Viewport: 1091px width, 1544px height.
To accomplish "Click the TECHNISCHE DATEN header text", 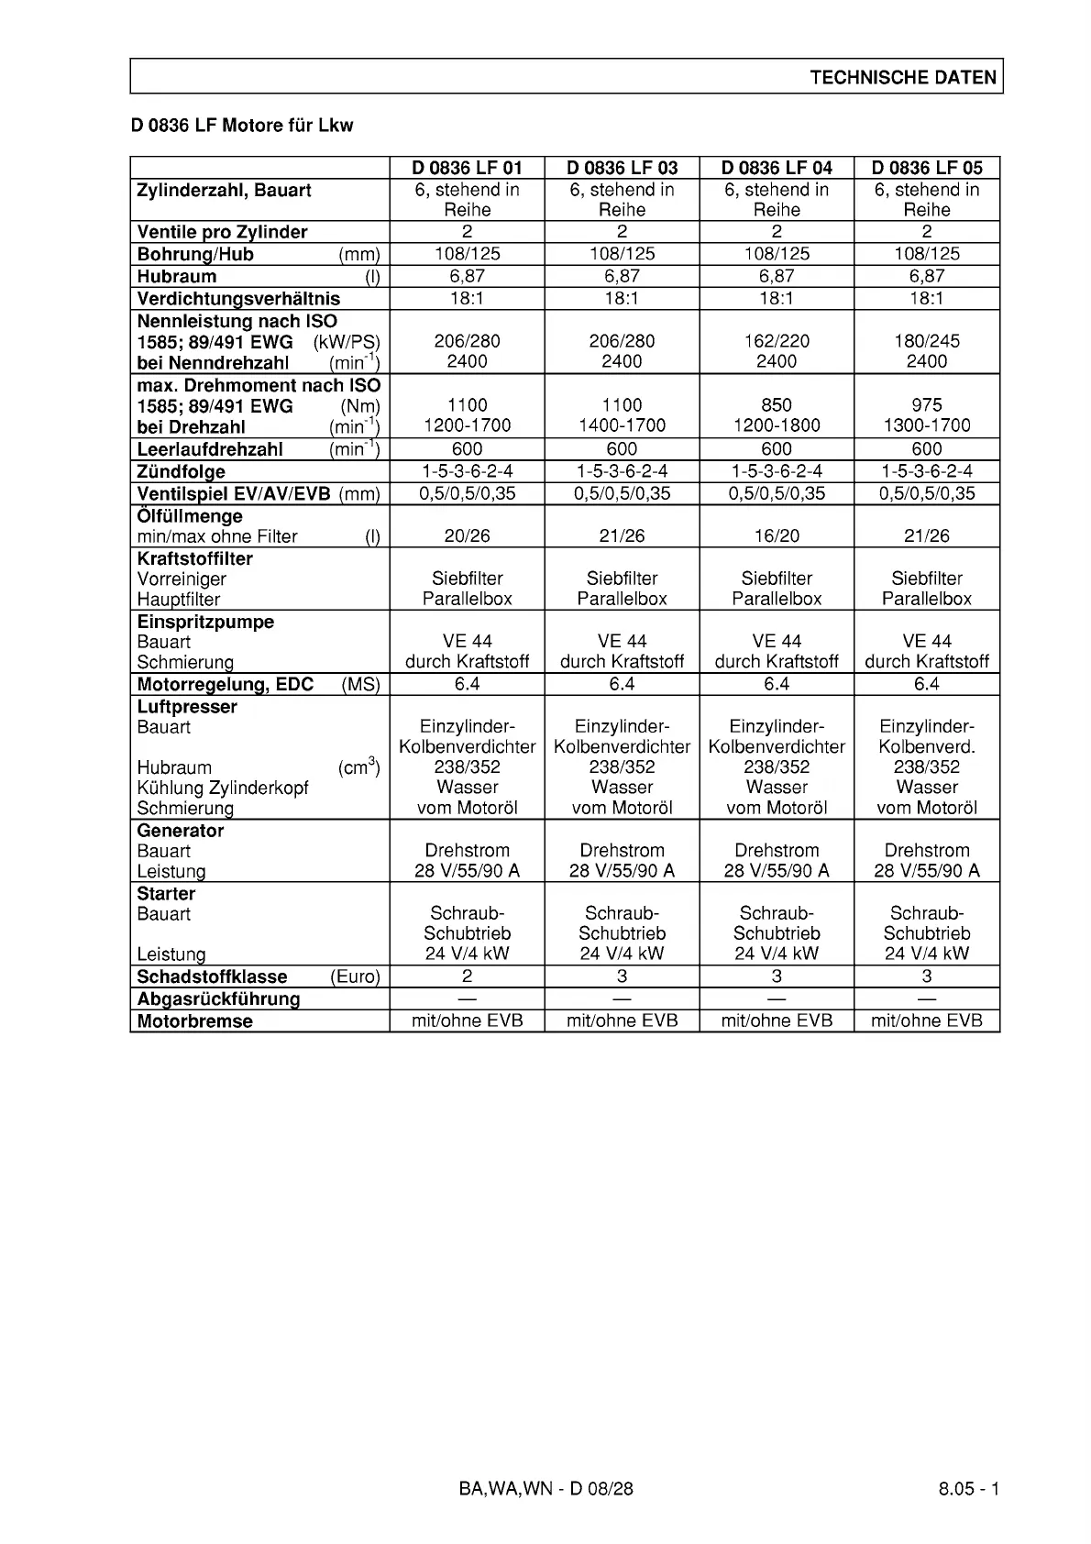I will point(902,78).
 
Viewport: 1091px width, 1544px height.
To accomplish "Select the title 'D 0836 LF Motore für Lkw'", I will point(242,126).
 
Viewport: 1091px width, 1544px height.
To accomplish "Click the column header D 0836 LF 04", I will point(777,168).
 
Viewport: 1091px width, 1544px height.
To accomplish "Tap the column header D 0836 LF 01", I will point(467,168).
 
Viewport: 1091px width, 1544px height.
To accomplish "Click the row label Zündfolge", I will point(182,472).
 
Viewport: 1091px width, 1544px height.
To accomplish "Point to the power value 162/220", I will point(777,341).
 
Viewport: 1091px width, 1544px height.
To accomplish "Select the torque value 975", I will point(927,405).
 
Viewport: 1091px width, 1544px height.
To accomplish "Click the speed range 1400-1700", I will point(622,425).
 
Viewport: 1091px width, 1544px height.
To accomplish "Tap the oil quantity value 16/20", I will point(777,536).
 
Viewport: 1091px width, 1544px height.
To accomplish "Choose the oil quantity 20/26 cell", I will point(467,536).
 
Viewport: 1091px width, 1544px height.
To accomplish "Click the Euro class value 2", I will point(467,976).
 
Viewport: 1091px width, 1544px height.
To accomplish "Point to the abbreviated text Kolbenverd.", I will point(927,747).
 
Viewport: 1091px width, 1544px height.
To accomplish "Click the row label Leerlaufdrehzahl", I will point(210,449).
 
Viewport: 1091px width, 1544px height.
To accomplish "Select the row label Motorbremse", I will point(194,1021).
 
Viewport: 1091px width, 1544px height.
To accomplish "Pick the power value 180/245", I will point(927,341).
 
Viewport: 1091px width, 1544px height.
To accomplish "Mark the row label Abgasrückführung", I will point(218,999).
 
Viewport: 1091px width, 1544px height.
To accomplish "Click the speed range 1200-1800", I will point(777,425).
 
